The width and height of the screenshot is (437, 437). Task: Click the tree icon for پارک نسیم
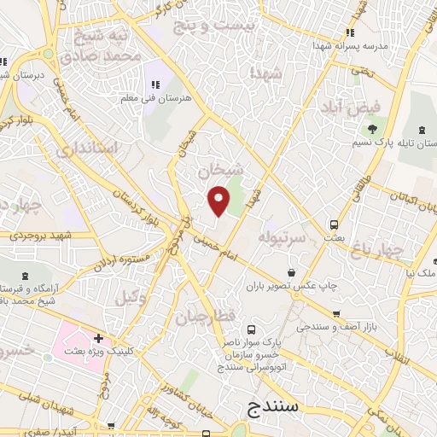click(372, 129)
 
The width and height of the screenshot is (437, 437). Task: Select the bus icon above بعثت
click(334, 225)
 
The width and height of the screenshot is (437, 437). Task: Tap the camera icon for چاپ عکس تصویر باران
click(292, 273)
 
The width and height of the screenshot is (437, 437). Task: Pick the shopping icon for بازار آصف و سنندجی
click(336, 314)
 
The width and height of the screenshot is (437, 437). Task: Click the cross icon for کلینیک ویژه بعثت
click(100, 339)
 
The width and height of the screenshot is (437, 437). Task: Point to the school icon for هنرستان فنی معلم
click(155, 84)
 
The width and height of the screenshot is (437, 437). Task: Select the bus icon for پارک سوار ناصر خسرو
click(250, 329)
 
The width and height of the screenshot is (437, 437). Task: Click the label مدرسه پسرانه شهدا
click(350, 44)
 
